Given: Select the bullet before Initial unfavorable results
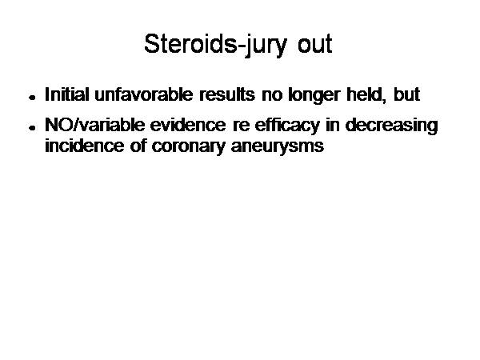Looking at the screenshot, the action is (x=32, y=98).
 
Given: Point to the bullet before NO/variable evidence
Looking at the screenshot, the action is (x=32, y=128).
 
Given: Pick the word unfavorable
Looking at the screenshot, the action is (x=144, y=94).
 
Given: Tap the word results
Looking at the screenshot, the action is (x=227, y=94).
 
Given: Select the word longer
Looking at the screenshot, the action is (x=314, y=95).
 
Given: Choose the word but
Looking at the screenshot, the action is (x=407, y=94).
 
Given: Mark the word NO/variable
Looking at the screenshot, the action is (x=94, y=125).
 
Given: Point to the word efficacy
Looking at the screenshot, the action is (x=287, y=126).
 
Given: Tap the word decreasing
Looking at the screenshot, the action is (x=392, y=126).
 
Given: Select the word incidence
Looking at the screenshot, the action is (x=85, y=146).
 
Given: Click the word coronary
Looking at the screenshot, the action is (x=188, y=147).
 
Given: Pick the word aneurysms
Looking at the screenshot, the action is (x=278, y=147).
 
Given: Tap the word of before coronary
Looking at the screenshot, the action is (x=138, y=146).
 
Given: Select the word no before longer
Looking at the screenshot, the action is (x=272, y=96).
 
